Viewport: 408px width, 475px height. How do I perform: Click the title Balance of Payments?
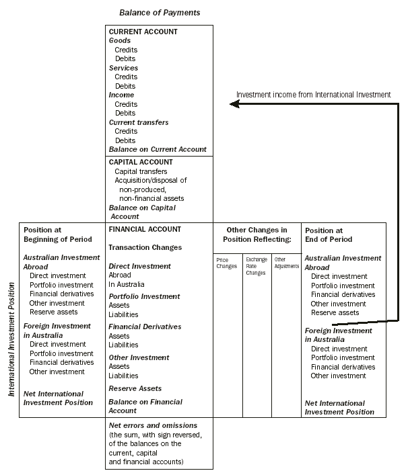[160, 13]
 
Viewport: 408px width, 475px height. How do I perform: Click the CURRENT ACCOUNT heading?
[143, 32]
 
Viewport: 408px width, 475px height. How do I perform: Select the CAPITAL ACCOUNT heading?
[141, 162]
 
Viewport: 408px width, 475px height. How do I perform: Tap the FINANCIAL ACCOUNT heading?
[145, 229]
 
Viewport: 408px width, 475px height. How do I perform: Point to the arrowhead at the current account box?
[233, 103]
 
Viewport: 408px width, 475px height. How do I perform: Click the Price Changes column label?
[226, 262]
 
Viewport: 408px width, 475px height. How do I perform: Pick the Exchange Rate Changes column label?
[256, 266]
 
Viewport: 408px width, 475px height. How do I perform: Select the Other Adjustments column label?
[286, 262]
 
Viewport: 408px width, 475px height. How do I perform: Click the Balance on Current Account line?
[158, 149]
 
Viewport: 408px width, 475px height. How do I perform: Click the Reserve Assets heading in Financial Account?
[135, 388]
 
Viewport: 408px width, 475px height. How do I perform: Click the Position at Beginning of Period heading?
[53, 234]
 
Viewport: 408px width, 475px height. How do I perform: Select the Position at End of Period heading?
[329, 234]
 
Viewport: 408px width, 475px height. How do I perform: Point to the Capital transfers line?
[141, 171]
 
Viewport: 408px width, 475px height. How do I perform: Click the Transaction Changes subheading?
[145, 247]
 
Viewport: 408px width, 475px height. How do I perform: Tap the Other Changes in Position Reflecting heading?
[257, 234]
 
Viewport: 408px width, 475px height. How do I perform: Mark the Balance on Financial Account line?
[145, 406]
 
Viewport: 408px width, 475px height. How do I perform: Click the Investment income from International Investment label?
[313, 95]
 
